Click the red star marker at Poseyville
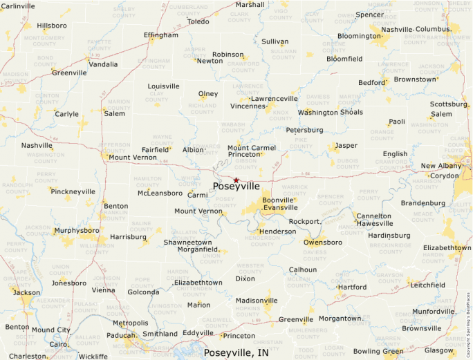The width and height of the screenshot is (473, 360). [236, 180]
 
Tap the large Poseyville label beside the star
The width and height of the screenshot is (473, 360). [236, 187]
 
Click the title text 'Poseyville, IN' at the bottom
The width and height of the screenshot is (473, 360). [236, 352]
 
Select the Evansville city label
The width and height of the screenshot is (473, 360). [280, 207]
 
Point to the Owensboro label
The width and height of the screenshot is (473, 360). [324, 243]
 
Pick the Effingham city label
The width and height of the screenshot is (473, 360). [160, 35]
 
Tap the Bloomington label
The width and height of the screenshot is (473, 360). [360, 36]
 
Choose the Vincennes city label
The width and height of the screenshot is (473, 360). [248, 106]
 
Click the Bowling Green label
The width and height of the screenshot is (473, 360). [378, 351]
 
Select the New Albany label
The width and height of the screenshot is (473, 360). [441, 166]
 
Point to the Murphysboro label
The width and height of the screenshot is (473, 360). [77, 230]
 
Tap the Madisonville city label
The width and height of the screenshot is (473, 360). [257, 301]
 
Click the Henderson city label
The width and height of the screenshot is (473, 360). [277, 231]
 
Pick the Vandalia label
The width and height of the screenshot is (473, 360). [103, 64]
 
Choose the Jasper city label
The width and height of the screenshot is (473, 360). [346, 146]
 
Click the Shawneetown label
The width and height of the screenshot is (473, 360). [187, 243]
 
